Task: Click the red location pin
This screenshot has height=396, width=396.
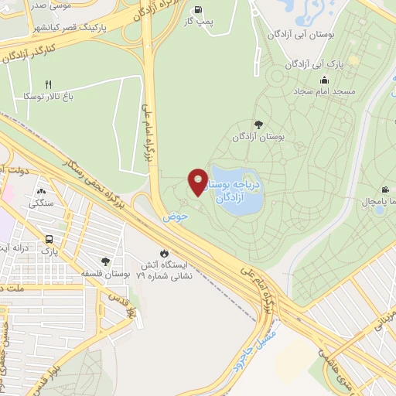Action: [198, 181]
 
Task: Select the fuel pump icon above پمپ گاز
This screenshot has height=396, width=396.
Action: [200, 10]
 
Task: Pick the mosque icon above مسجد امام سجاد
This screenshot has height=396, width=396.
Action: [324, 80]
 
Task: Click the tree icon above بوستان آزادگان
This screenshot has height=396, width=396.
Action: [258, 124]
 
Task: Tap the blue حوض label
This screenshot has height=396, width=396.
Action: [176, 217]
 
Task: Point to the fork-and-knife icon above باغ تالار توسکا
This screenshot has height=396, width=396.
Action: [47, 84]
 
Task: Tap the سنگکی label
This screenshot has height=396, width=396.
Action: [41, 203]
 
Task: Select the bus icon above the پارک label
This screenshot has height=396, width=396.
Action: [49, 239]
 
